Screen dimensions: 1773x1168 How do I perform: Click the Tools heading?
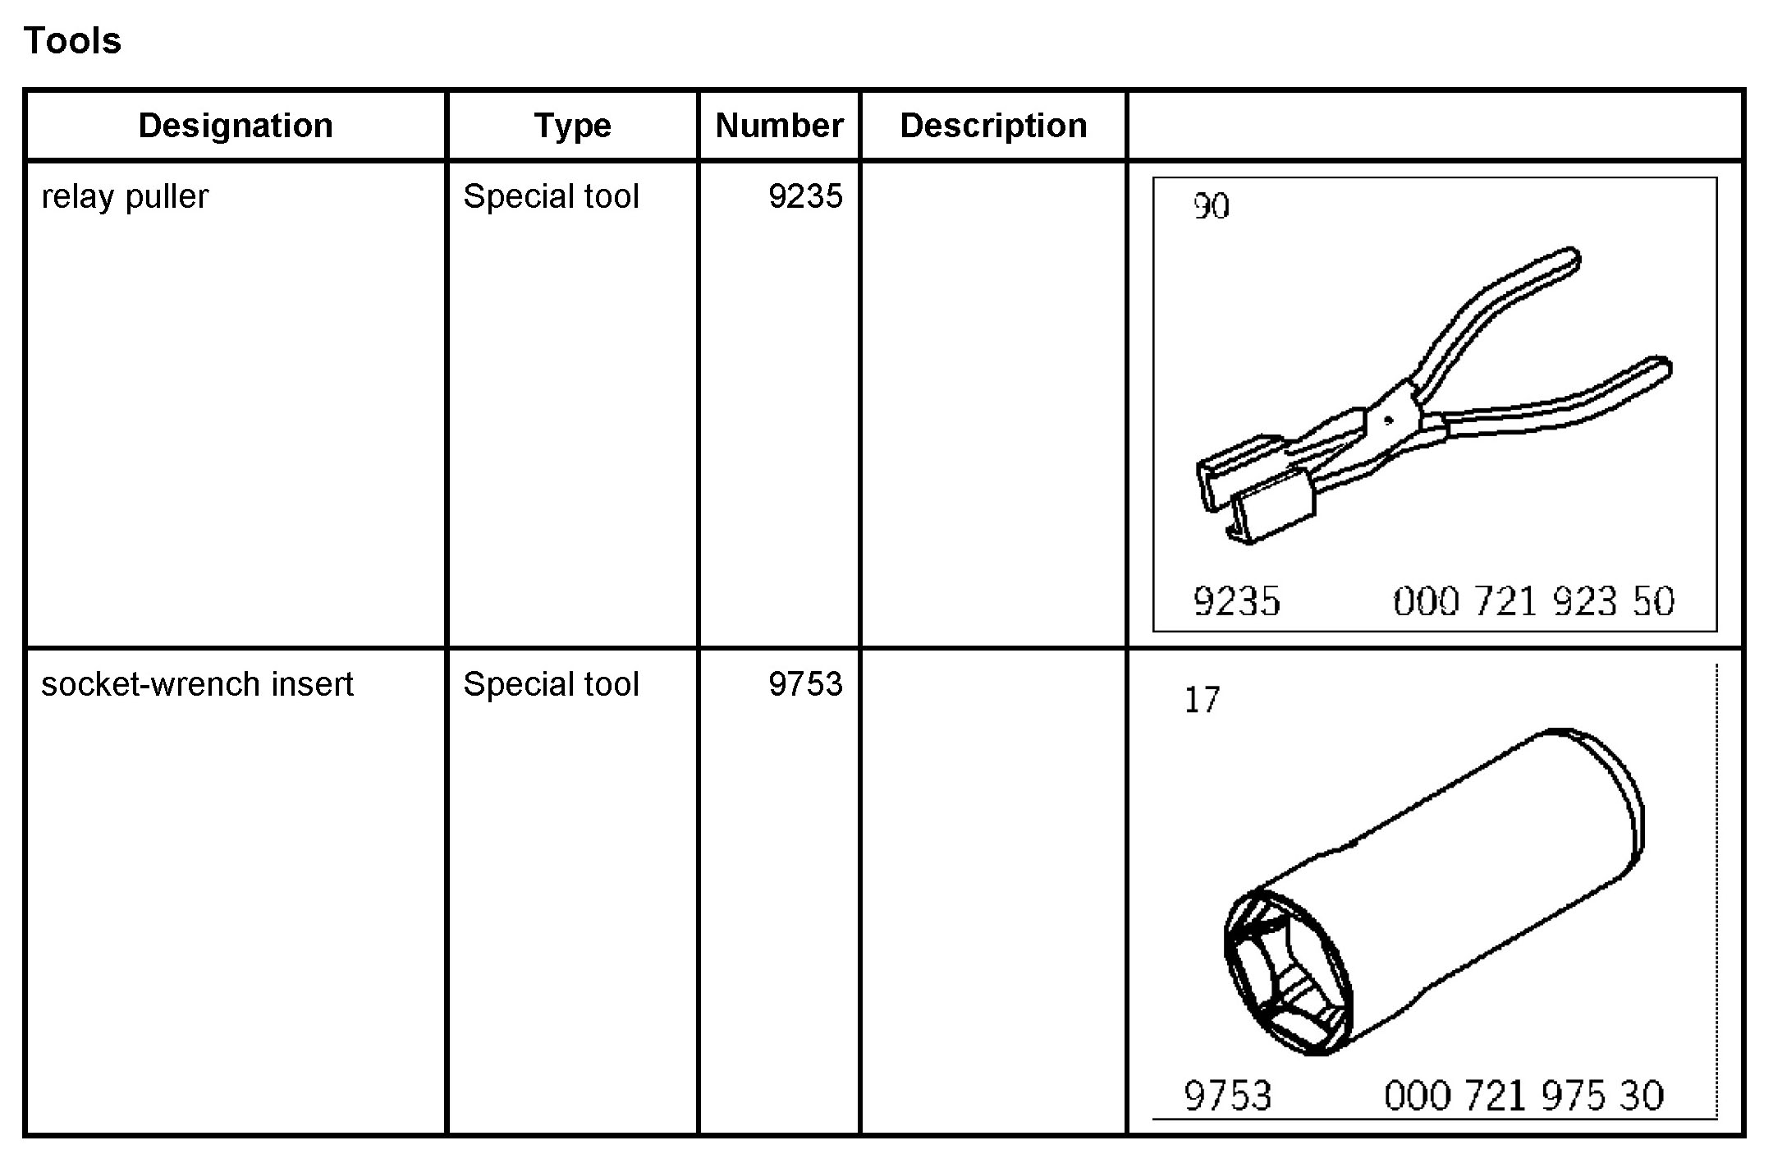tap(72, 41)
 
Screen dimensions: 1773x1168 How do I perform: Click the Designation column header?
tap(236, 126)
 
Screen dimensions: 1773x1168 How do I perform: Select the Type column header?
tap(572, 126)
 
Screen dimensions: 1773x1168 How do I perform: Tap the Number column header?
tap(779, 126)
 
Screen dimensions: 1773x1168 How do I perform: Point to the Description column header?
tap(993, 126)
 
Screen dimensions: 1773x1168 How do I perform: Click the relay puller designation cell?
tap(125, 197)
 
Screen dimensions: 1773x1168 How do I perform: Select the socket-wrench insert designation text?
tap(197, 684)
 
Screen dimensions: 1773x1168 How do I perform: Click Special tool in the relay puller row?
tap(551, 197)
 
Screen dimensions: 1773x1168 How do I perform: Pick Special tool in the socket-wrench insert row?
tap(551, 684)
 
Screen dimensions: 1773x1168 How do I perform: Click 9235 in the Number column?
tap(805, 197)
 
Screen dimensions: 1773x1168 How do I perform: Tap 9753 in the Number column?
tap(805, 684)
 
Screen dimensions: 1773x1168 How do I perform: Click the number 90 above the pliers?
tap(1211, 207)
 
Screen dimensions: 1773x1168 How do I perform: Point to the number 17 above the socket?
tap(1202, 701)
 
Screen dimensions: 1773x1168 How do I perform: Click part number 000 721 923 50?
tap(1533, 601)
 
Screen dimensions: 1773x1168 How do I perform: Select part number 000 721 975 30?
tap(1523, 1096)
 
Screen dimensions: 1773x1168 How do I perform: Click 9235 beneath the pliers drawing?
tap(1236, 601)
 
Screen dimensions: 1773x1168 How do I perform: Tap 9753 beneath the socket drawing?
tap(1227, 1096)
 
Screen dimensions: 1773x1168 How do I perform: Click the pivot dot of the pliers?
tap(1388, 421)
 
